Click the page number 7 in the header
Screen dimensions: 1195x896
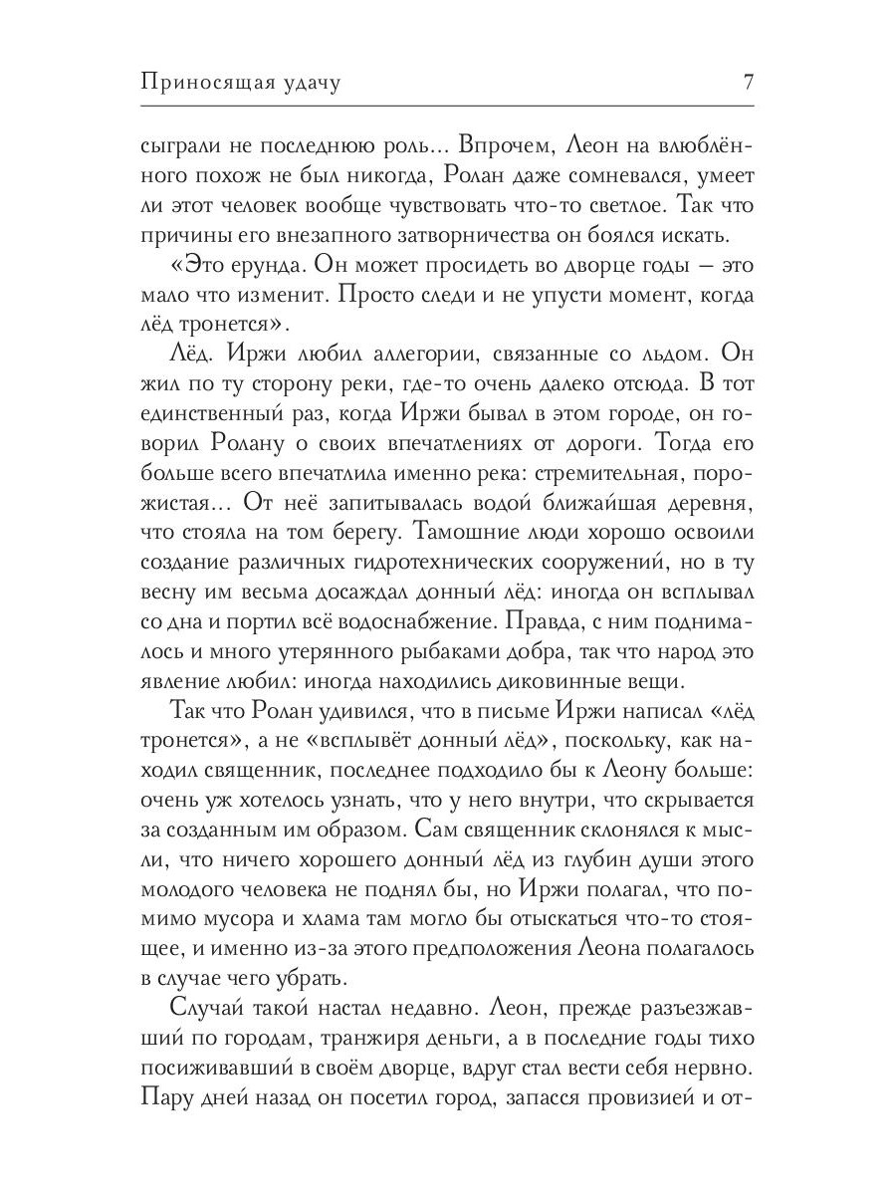coord(748,83)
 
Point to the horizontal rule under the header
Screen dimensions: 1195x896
coord(448,106)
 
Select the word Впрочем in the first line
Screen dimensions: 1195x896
coord(492,145)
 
